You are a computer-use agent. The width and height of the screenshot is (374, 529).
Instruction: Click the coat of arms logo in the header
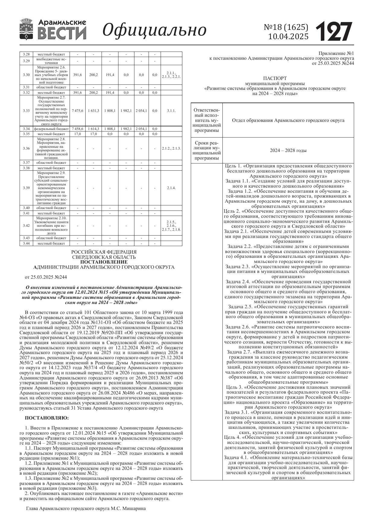(x=27, y=29)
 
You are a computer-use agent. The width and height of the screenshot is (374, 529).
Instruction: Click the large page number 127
(x=334, y=31)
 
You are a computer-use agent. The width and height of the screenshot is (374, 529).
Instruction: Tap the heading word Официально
(x=155, y=30)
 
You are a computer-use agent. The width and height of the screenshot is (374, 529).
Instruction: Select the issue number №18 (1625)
(x=286, y=27)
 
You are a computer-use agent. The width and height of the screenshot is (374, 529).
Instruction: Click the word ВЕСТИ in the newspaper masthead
(x=62, y=33)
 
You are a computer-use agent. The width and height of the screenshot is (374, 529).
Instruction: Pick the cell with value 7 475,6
(x=77, y=111)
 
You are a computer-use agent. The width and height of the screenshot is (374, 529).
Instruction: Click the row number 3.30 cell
(x=26, y=75)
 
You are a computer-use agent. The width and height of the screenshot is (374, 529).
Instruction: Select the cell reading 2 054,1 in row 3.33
(x=141, y=111)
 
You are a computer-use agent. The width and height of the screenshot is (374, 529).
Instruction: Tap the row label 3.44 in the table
(x=26, y=243)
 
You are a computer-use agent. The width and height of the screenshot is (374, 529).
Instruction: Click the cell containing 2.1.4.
(x=171, y=188)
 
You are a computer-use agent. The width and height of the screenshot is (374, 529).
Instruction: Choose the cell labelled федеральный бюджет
(x=52, y=129)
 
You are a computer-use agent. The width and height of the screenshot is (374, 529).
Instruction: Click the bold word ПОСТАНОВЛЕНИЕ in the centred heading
(x=104, y=262)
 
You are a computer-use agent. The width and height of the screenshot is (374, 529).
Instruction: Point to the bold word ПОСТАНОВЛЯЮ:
(x=47, y=418)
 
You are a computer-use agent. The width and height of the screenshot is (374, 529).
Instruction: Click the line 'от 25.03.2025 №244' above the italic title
(x=46, y=277)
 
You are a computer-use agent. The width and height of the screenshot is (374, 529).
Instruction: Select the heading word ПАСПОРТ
(x=275, y=78)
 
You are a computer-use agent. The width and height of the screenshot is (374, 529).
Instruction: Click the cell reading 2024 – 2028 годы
(x=288, y=150)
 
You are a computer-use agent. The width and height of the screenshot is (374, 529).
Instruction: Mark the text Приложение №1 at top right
(x=337, y=53)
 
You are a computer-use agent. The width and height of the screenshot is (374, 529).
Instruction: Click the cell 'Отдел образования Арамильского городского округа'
(x=288, y=120)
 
